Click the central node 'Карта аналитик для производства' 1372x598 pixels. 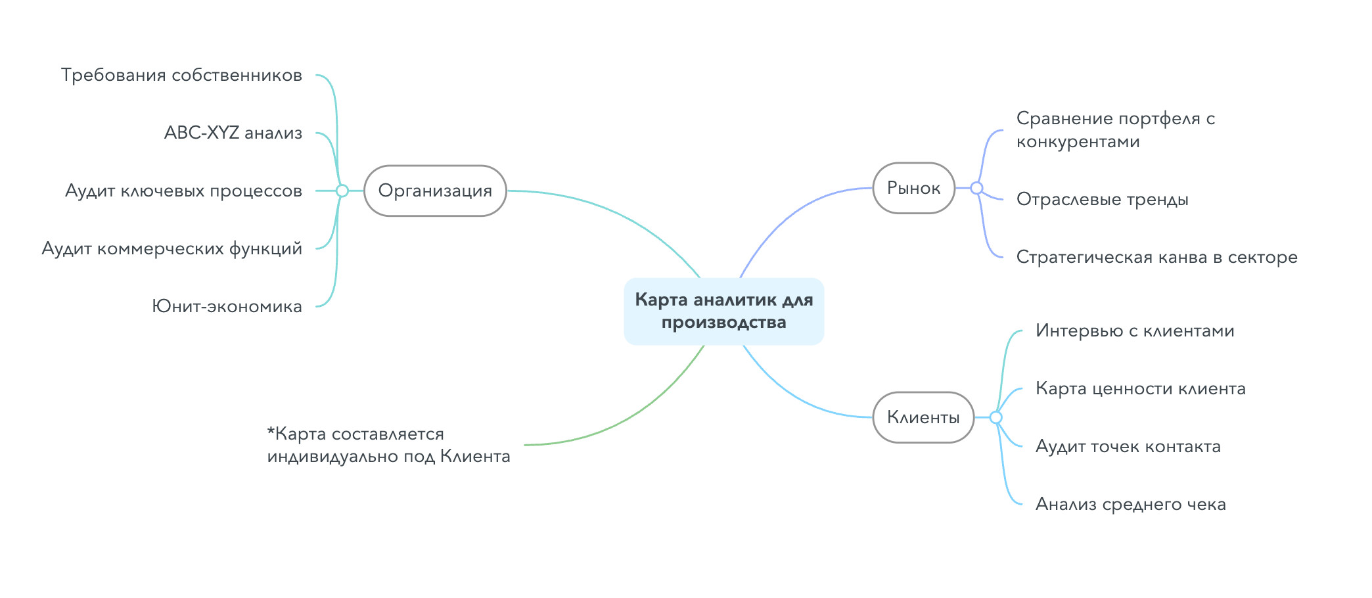(723, 311)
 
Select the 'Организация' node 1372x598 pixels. (435, 191)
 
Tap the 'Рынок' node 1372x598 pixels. (913, 188)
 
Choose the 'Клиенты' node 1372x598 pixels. (923, 417)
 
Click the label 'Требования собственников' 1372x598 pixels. (181, 75)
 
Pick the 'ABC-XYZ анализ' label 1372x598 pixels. (233, 133)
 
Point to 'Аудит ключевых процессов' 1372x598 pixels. (183, 191)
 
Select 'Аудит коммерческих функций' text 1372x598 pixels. (171, 248)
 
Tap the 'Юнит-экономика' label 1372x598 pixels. (227, 306)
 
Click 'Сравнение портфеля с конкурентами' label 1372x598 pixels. (1116, 129)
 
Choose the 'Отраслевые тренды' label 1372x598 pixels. (1103, 199)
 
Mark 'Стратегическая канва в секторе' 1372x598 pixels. (1156, 257)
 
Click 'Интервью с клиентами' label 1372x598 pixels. (1135, 331)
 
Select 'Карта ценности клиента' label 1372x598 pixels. (1141, 388)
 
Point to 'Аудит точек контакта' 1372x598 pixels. (1128, 446)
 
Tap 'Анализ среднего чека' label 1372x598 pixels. (1131, 504)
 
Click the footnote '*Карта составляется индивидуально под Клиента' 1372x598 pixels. (388, 445)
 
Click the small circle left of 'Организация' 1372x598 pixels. (342, 191)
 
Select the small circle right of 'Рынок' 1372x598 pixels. (976, 188)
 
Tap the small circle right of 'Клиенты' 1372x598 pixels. (995, 417)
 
